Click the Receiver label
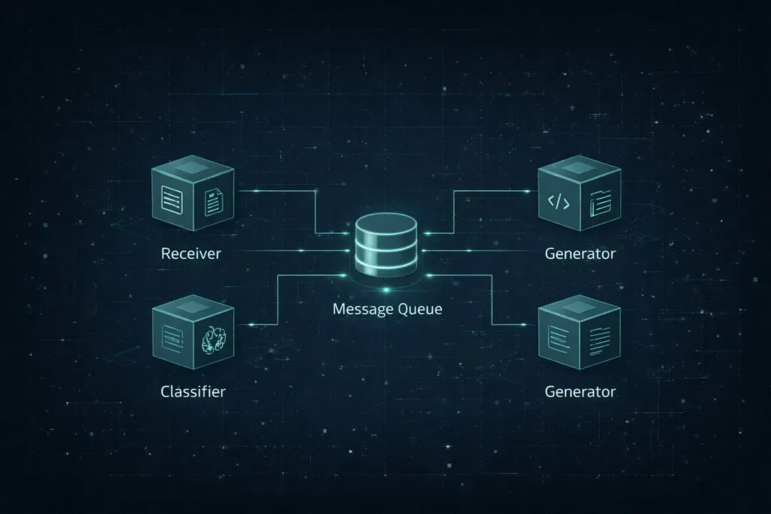click(190, 254)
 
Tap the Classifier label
click(193, 391)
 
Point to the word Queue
click(419, 309)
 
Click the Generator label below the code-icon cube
click(580, 254)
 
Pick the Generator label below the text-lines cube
click(580, 391)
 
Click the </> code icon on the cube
click(559, 202)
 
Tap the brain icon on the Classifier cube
click(214, 339)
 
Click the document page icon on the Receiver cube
click(214, 202)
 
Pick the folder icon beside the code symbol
click(600, 202)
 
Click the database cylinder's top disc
click(386, 224)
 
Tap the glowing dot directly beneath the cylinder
click(386, 290)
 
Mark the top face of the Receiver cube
click(192, 168)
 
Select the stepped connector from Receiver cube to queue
click(315, 211)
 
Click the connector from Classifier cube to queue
click(278, 300)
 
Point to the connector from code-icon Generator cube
click(453, 211)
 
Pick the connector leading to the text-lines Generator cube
click(492, 300)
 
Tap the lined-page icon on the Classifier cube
click(172, 339)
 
